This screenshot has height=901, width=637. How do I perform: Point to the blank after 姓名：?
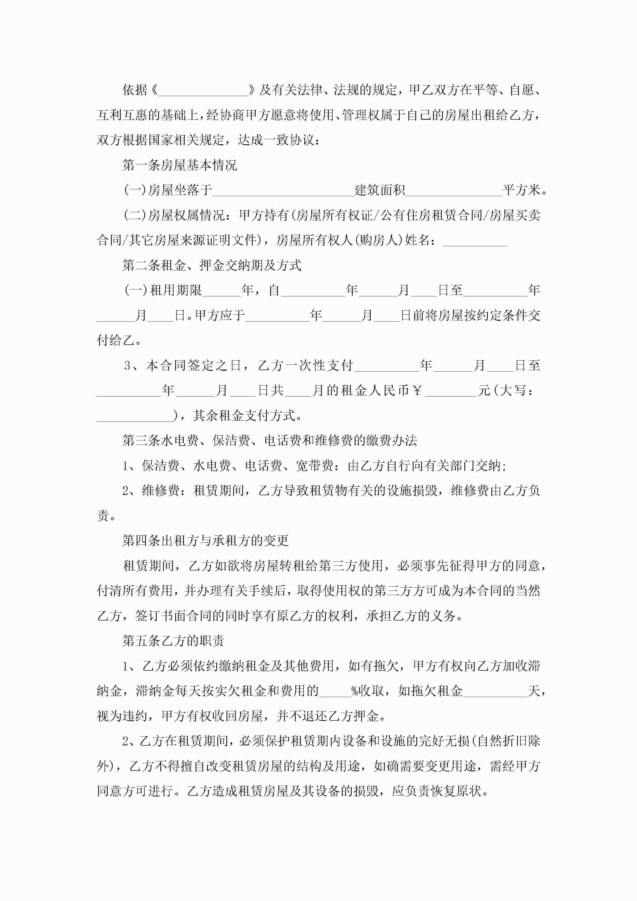click(475, 242)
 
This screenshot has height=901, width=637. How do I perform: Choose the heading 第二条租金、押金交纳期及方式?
click(212, 265)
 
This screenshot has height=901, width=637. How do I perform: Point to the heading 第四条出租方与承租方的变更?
click(205, 541)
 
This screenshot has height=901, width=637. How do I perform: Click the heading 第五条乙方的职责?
click(173, 641)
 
